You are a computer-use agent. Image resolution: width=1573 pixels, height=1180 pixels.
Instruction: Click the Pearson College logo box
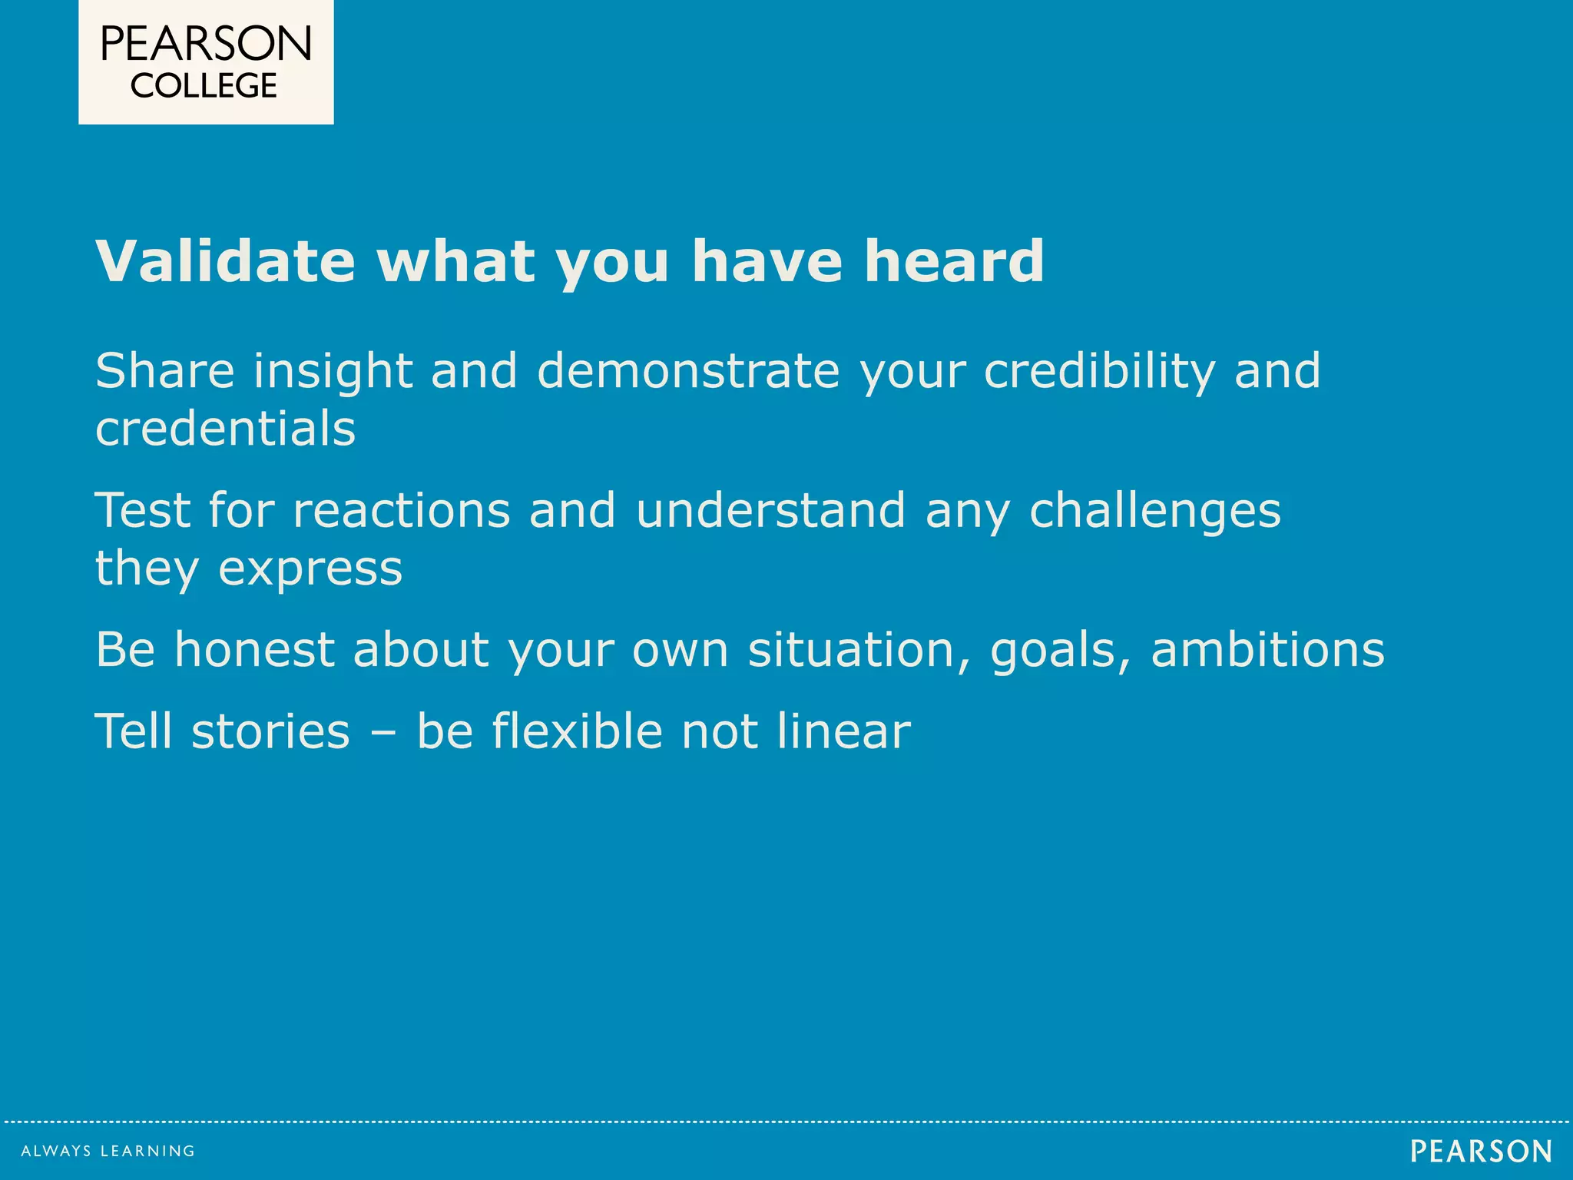(x=206, y=61)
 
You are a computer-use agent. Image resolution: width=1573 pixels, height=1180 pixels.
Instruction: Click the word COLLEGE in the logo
(x=204, y=86)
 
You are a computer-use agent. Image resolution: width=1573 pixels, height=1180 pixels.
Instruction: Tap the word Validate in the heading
(x=225, y=261)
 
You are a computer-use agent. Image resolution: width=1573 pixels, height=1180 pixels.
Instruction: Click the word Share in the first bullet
(x=164, y=370)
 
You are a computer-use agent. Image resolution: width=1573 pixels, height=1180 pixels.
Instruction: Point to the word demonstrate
(x=688, y=370)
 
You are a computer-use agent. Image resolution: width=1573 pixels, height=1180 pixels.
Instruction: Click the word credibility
(x=1099, y=372)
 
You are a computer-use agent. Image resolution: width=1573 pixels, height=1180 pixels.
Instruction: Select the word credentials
(x=225, y=429)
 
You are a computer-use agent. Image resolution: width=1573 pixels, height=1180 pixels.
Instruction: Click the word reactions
(x=402, y=510)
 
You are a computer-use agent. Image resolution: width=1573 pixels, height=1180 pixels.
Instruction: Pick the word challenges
(x=1154, y=512)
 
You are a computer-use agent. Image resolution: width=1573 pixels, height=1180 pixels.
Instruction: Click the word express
(x=310, y=570)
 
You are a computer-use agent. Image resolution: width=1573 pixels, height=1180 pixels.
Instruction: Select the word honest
(x=254, y=650)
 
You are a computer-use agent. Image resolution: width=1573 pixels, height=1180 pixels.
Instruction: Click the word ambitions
(x=1267, y=650)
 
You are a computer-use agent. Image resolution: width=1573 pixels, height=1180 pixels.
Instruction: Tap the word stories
(x=270, y=731)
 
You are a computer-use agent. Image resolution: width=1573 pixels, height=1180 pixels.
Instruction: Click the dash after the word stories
(x=382, y=731)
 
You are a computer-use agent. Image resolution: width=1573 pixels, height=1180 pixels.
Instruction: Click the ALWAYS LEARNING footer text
(x=108, y=1151)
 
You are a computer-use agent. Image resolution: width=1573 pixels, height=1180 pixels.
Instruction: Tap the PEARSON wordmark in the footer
(x=1481, y=1151)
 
